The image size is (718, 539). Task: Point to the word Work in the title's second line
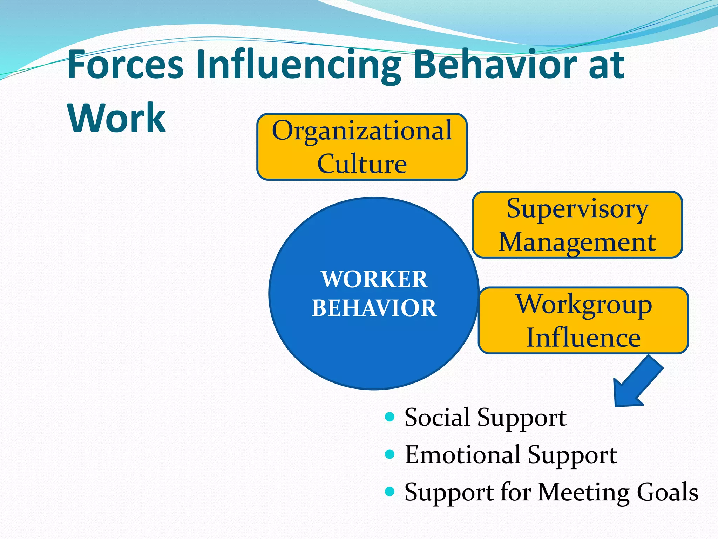coord(116,118)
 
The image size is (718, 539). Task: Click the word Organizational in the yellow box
coord(362,131)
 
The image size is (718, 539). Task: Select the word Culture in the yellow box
coord(362,164)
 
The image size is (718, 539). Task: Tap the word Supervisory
coord(577,209)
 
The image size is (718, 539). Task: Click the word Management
coord(577,242)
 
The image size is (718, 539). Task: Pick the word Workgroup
coord(583,305)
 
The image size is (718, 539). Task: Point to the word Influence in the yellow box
coord(583,338)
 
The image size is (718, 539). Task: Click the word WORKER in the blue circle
coord(374,279)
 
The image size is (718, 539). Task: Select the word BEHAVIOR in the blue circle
coord(374,308)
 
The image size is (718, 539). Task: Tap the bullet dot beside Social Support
coord(390,417)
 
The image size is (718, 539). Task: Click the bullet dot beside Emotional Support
coord(390,454)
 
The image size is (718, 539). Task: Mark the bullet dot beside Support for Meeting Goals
coord(390,491)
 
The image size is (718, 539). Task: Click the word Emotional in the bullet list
coord(462,455)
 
